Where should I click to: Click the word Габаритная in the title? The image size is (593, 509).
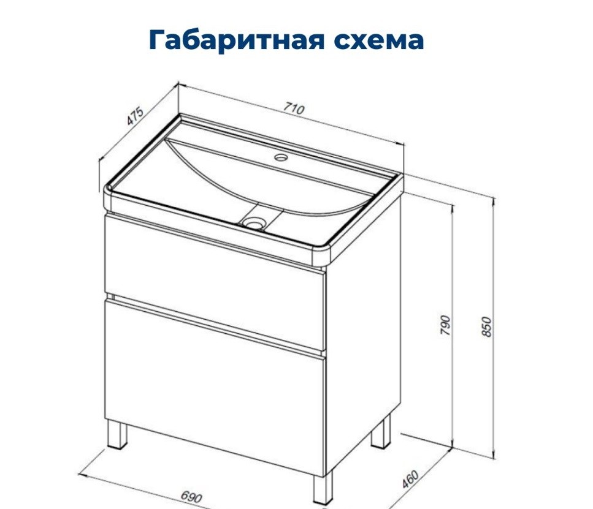pos(237,40)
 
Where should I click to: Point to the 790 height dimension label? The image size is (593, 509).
pos(445,325)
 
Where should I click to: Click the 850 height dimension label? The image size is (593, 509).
pos(487,327)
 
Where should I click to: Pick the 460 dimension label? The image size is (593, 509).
pos(411,478)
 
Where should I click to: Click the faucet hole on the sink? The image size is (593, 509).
pos(281,156)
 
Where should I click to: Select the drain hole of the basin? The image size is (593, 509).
pos(254,222)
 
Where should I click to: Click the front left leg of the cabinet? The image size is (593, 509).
pos(117,434)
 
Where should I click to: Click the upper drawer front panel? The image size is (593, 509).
pos(215,282)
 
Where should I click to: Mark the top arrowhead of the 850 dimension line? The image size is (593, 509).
pos(494,204)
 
